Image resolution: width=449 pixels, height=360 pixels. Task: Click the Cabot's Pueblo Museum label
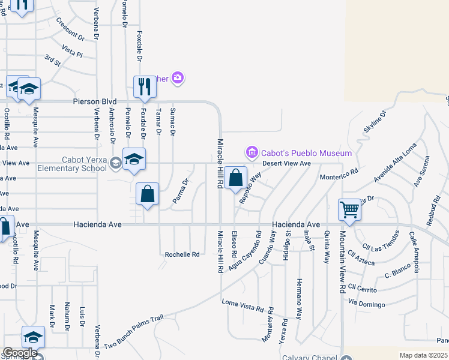[x=306, y=153]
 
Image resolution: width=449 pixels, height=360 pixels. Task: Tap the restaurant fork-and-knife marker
[x=144, y=86]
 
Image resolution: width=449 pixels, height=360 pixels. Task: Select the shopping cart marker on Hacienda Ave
[x=349, y=210]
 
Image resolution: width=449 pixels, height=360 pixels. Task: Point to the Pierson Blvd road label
[x=95, y=103]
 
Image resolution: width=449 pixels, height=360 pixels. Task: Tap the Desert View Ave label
[x=286, y=163]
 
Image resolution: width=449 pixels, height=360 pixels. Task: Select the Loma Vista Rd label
[x=243, y=305]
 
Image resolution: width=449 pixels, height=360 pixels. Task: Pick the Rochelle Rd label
[x=182, y=254]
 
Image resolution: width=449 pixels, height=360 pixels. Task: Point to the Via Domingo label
[x=366, y=305]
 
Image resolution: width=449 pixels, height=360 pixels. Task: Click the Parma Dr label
[x=181, y=191]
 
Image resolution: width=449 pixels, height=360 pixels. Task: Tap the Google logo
[x=19, y=353]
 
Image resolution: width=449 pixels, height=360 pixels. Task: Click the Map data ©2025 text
[x=423, y=355]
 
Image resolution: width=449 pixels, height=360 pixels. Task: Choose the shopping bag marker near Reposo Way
[x=237, y=178]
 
